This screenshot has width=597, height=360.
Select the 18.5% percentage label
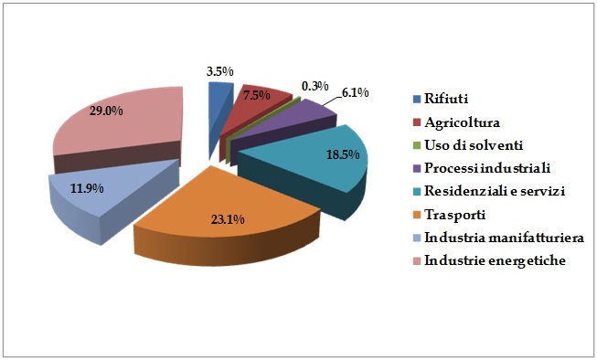[x=344, y=155]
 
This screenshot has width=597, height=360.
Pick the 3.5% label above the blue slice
[x=219, y=70]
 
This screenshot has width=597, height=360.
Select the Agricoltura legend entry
[x=462, y=122]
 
